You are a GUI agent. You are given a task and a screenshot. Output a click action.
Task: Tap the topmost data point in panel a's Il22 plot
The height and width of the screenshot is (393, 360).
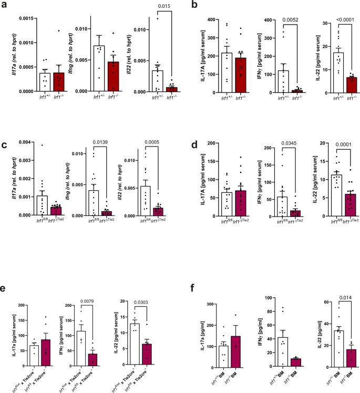pyautogui.click(x=157, y=18)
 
